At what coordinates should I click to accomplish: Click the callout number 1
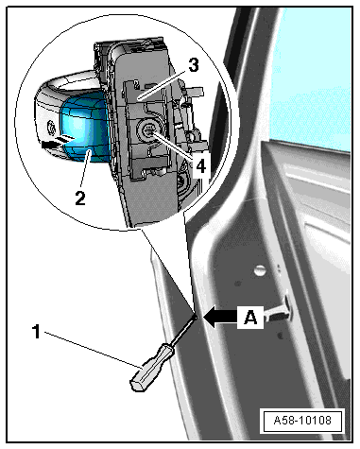(x=37, y=332)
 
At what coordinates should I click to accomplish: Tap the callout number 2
(x=80, y=199)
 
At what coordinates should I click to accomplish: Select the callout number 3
(x=194, y=65)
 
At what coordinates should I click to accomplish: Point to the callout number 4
(x=200, y=166)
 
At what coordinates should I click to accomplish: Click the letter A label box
(x=250, y=317)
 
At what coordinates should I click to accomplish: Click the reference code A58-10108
(x=302, y=420)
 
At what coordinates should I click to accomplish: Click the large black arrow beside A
(x=220, y=317)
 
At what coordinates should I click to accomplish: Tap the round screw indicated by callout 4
(x=148, y=131)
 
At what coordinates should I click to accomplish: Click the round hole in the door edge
(x=259, y=270)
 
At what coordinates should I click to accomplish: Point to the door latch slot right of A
(x=279, y=312)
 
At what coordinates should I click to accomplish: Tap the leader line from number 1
(x=94, y=349)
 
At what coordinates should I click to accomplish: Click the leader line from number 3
(x=163, y=84)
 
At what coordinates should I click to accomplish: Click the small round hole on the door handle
(x=50, y=129)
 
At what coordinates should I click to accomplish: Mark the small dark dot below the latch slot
(x=280, y=336)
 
